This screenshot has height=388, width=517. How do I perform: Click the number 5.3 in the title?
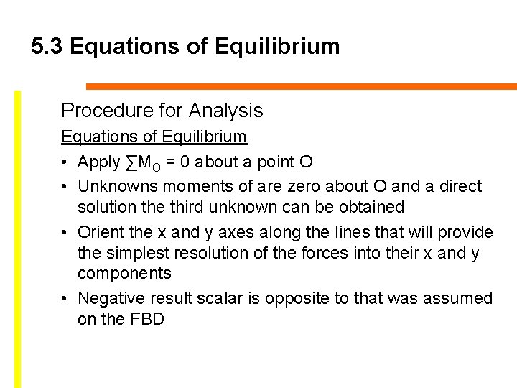coord(47,47)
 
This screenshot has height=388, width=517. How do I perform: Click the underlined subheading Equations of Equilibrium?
coord(154,137)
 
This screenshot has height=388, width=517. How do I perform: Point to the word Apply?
coord(99,162)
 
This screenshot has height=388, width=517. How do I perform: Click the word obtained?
coord(370,207)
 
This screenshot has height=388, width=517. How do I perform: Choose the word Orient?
coord(100,232)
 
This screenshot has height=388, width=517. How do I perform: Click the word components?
coord(124,273)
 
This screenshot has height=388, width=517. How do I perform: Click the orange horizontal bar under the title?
coord(302,86)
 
